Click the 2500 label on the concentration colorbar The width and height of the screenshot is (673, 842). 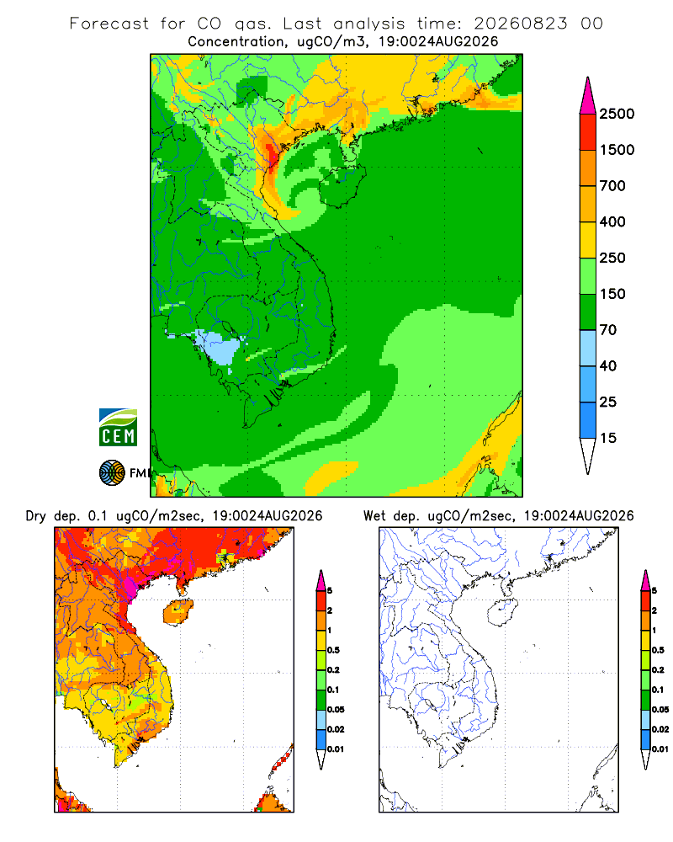pos(617,114)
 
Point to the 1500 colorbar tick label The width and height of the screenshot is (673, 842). pos(617,150)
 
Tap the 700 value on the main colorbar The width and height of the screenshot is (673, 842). pos(612,186)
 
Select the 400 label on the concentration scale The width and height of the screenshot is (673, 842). pos(612,221)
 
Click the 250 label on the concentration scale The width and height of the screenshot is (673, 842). pos(612,258)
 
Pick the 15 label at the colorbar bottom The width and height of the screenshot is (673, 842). pos(608,438)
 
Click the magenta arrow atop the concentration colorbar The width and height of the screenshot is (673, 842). pos(588,96)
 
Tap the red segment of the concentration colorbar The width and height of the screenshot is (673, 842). pos(588,132)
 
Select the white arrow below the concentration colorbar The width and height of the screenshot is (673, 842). pos(588,456)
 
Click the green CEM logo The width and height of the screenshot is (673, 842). pos(118,427)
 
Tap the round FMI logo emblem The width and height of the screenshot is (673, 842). pos(112,472)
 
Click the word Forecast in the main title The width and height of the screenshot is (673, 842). pos(109,24)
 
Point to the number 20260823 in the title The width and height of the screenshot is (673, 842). pos(520,24)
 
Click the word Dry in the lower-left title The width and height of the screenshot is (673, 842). pos(36,516)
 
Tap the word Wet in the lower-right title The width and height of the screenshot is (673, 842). pos(374,516)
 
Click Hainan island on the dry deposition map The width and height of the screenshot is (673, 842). pos(178,612)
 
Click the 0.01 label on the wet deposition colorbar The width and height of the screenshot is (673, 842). pos(660,749)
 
